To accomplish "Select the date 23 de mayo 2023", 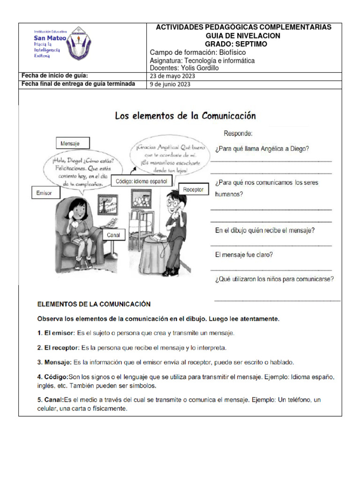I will (x=172, y=76).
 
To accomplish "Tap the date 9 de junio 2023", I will (x=170, y=84).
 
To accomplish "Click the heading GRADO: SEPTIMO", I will (x=243, y=44).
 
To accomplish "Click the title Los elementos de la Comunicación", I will (x=186, y=116).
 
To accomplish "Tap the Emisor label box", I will (x=45, y=193).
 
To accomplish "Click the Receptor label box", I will (x=193, y=189).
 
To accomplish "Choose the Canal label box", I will (x=113, y=234).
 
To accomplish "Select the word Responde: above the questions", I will (x=238, y=134).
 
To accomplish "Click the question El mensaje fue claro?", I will (x=244, y=255).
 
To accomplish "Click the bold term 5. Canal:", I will (x=50, y=400).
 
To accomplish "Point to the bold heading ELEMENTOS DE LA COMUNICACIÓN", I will (x=94, y=304).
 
